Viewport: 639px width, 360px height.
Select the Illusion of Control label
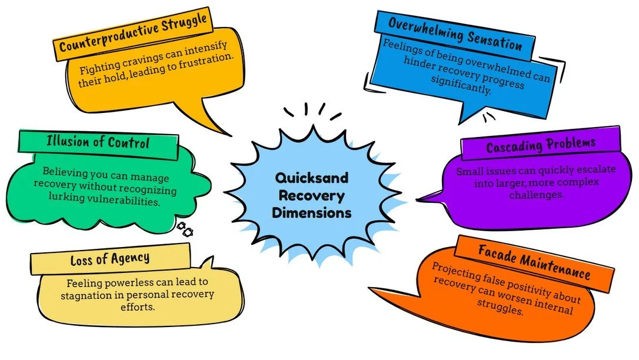[98, 143]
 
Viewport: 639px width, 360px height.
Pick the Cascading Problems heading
[540, 145]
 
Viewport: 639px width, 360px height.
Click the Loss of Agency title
[110, 258]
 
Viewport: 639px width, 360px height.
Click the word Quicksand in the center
[311, 177]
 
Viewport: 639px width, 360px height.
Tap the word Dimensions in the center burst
[311, 212]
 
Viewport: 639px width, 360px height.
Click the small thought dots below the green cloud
[185, 229]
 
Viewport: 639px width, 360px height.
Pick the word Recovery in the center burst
[311, 195]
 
